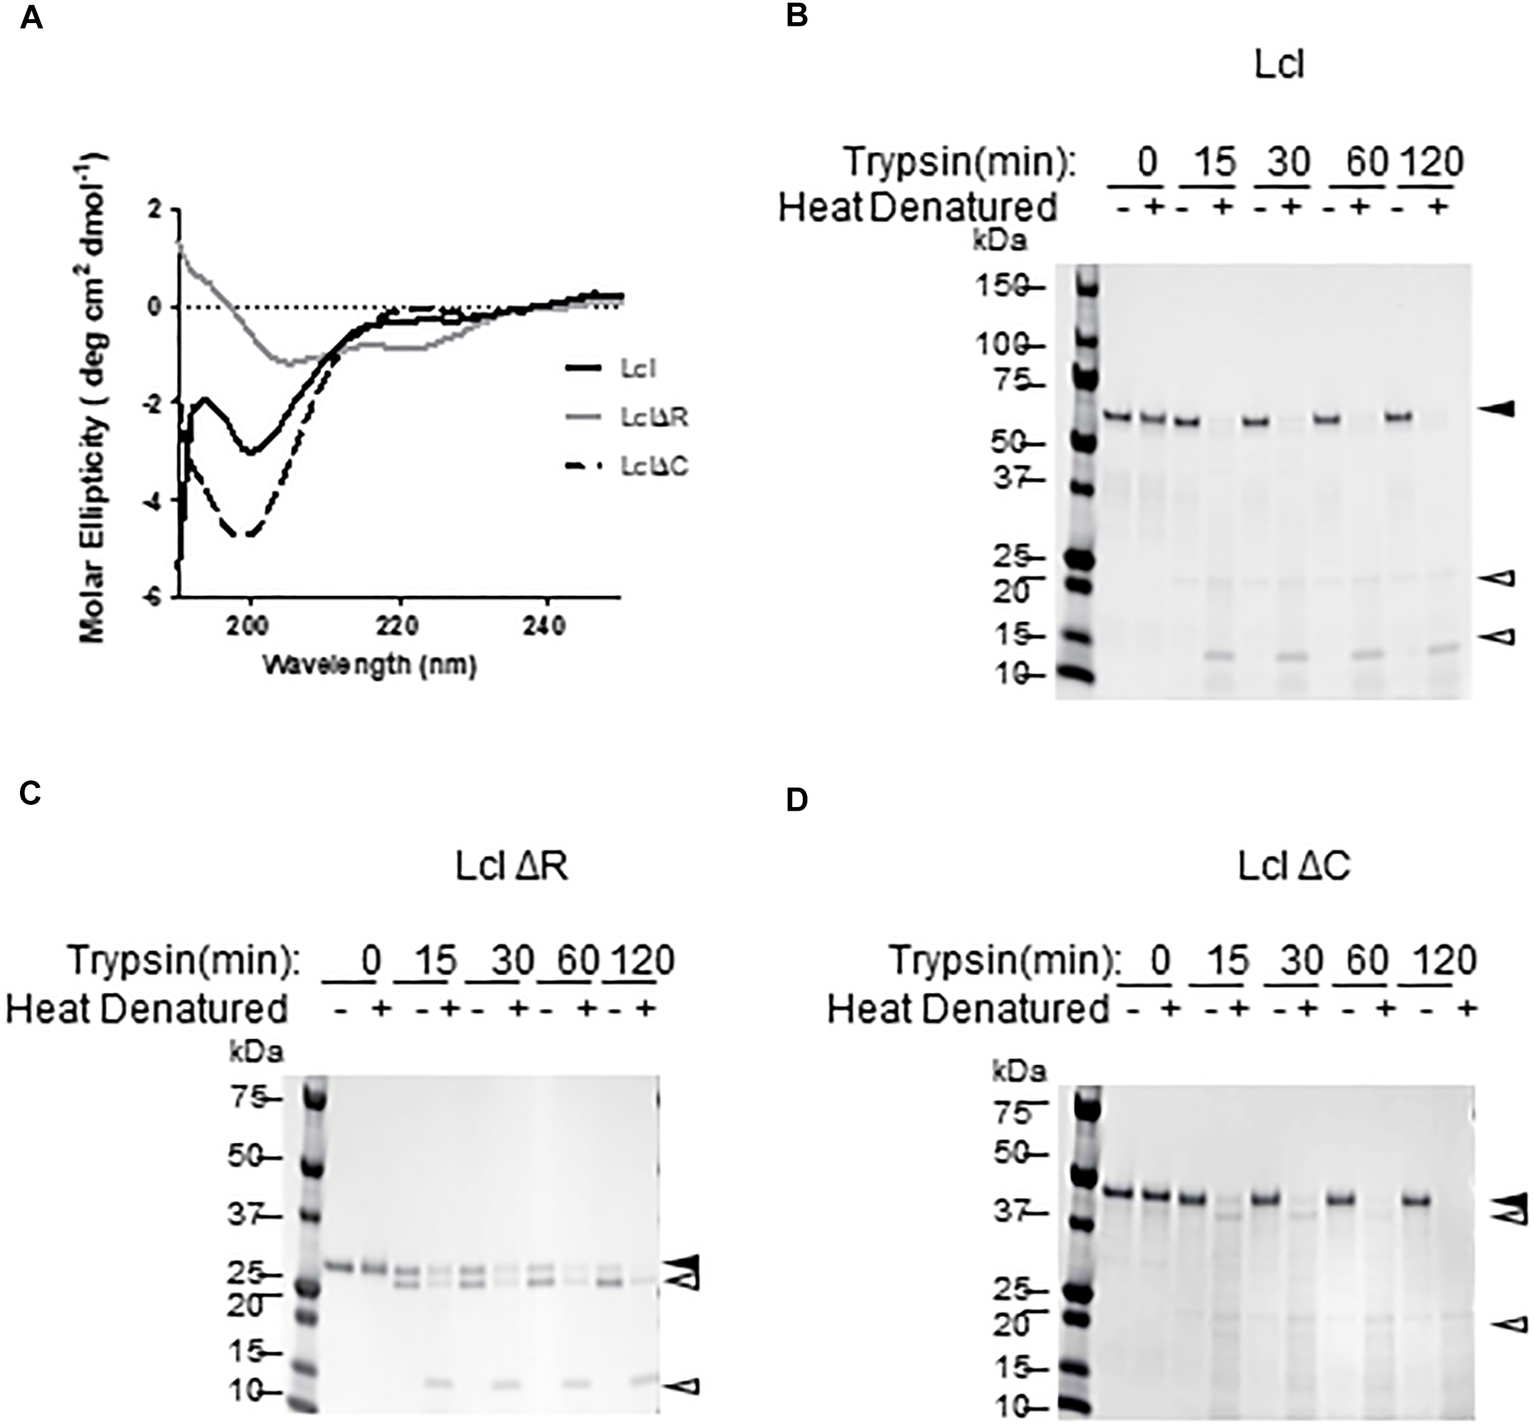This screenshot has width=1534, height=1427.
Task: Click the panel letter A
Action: coord(32,16)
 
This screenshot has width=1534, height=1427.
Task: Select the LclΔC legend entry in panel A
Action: coord(653,467)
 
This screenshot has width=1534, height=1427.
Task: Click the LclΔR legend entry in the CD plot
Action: coord(653,417)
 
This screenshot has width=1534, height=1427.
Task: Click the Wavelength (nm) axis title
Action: coord(369,664)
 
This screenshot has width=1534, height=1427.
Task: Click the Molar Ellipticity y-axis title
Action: coord(93,398)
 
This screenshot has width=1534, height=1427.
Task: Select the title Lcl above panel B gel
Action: coord(1279,66)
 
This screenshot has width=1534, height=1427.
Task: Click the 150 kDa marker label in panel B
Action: coord(1000,287)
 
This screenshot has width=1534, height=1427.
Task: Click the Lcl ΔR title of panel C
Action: coord(511,866)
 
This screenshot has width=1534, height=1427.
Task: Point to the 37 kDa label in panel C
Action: coord(244,1215)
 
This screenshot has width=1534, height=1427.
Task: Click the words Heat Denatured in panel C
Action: coord(147,1008)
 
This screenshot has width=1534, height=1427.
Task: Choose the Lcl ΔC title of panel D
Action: coord(1294,866)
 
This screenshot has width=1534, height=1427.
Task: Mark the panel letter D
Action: coord(796,800)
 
